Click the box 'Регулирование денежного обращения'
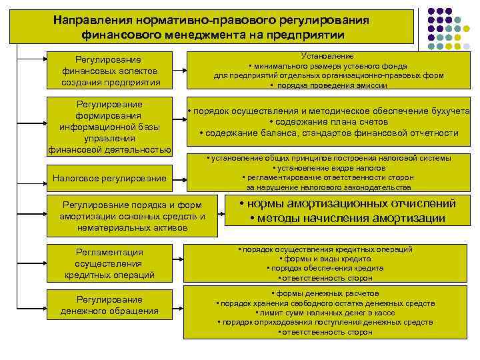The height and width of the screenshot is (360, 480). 111,305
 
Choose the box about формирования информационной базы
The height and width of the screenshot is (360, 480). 111,127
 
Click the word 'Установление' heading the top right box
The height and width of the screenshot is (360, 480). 327,56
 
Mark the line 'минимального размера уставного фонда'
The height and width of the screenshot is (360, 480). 327,66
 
